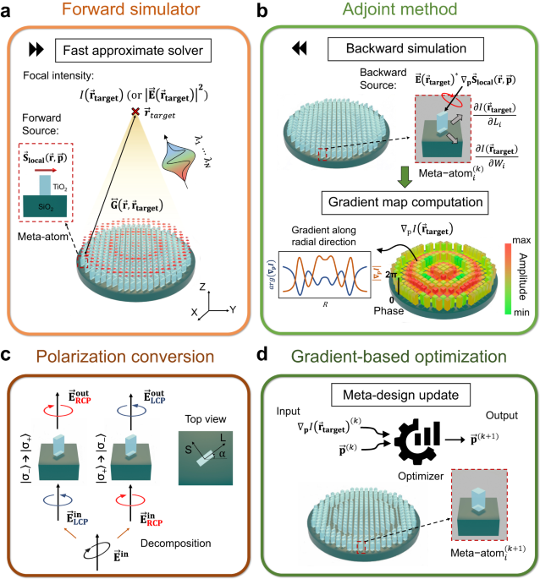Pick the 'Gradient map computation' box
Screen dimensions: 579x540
[x=406, y=202]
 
